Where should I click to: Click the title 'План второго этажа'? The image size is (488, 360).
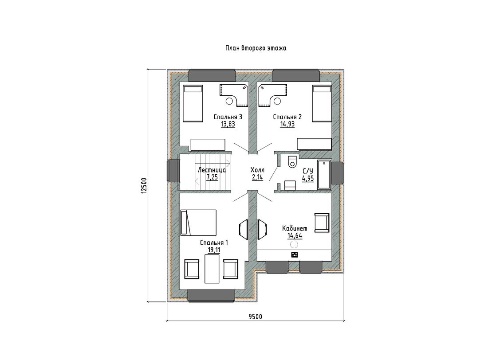tap(256, 48)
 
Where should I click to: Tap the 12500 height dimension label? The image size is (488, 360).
tap(143, 186)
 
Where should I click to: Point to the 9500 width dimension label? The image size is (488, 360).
tap(255, 317)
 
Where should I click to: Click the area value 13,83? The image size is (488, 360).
tap(228, 125)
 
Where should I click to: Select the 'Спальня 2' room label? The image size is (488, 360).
tap(287, 117)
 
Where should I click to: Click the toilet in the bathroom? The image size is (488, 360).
tap(292, 161)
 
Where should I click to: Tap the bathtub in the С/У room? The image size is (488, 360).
tap(324, 175)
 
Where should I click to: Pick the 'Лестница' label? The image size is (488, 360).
tap(212, 170)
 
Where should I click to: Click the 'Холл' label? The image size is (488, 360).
tap(257, 170)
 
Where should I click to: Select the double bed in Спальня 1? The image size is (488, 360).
tap(198, 223)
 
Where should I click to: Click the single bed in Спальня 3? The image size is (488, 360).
tap(193, 104)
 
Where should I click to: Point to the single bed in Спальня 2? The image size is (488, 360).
tap(322, 104)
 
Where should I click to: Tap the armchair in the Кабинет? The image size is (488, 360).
tap(322, 223)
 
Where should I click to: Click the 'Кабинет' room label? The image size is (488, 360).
tap(295, 228)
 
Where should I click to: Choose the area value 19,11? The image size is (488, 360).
tap(214, 250)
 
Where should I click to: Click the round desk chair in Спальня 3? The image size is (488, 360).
tap(229, 101)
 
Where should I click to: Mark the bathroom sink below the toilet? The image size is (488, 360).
tap(291, 185)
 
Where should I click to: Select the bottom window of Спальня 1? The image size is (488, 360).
tap(211, 295)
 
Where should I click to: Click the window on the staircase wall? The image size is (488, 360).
tap(173, 171)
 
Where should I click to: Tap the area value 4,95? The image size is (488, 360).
tap(308, 179)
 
